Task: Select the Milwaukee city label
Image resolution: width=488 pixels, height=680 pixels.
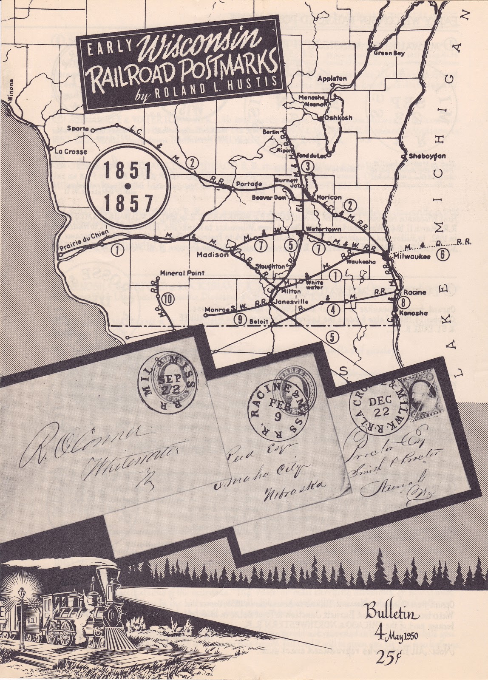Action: tap(411, 257)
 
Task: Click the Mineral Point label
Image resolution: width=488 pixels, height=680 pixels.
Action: tap(183, 273)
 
